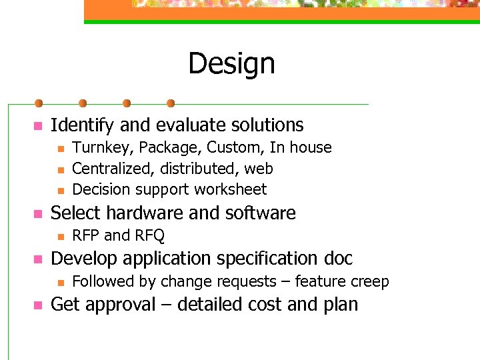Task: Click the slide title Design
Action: point(231,64)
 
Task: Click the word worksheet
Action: point(231,189)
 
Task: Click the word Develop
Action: point(77,259)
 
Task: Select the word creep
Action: point(369,282)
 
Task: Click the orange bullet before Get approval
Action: point(38,305)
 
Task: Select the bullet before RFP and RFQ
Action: point(60,236)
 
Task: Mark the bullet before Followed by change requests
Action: point(60,282)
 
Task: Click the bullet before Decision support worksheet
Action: point(60,190)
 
